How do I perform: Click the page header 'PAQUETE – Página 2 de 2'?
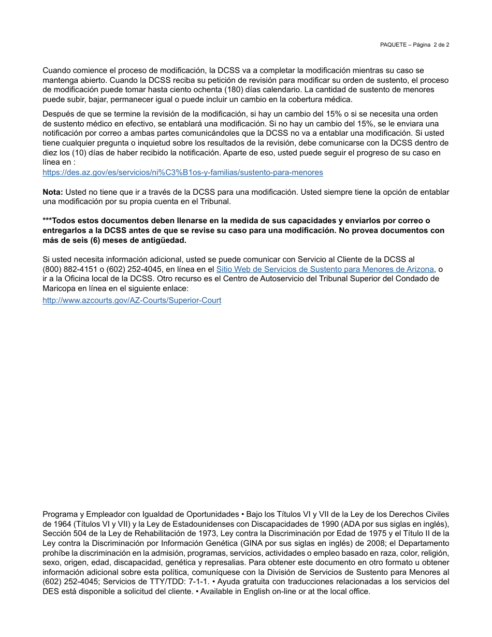(x=414, y=45)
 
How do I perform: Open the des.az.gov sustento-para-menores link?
(x=182, y=172)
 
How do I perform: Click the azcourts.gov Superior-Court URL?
(x=132, y=300)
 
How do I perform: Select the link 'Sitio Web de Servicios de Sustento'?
(x=325, y=269)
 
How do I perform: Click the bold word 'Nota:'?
(x=53, y=192)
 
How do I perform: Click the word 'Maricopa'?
(x=59, y=288)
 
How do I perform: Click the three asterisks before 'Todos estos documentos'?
(x=47, y=220)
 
